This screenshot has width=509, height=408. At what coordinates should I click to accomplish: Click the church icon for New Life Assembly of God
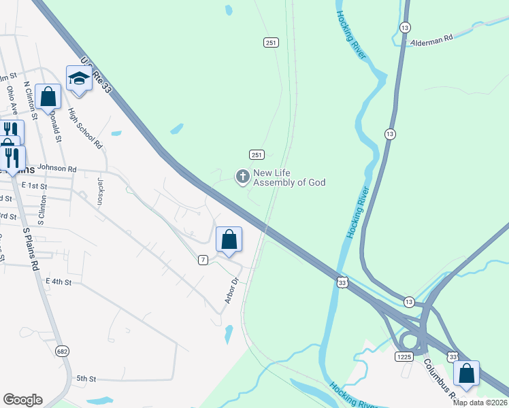tap(242, 177)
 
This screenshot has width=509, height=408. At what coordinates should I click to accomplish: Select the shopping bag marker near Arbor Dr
tap(229, 239)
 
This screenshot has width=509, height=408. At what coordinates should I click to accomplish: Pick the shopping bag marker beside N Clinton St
tap(48, 97)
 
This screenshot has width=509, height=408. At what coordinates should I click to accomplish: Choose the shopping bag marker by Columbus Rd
tap(466, 373)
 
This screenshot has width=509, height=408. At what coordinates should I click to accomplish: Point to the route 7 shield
tap(203, 260)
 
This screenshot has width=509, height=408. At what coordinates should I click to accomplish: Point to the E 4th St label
tap(59, 281)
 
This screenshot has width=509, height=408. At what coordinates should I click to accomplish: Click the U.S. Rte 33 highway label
tap(96, 73)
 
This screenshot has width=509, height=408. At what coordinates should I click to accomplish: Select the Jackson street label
tap(100, 191)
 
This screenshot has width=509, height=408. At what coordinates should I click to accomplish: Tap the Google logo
tap(22, 400)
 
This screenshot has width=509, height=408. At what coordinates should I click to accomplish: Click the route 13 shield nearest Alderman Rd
tap(406, 27)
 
